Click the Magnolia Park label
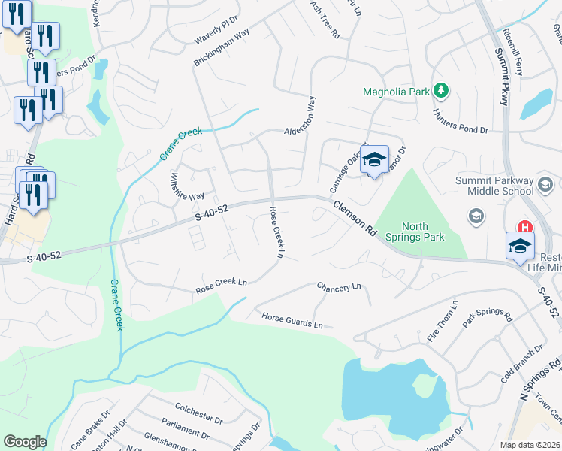coord(396,92)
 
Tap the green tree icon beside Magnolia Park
coord(443,92)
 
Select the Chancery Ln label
coord(339,287)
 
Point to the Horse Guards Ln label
coord(292,321)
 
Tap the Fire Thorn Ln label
coord(443,321)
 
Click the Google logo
coord(25,442)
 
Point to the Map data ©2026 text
coord(530,445)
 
